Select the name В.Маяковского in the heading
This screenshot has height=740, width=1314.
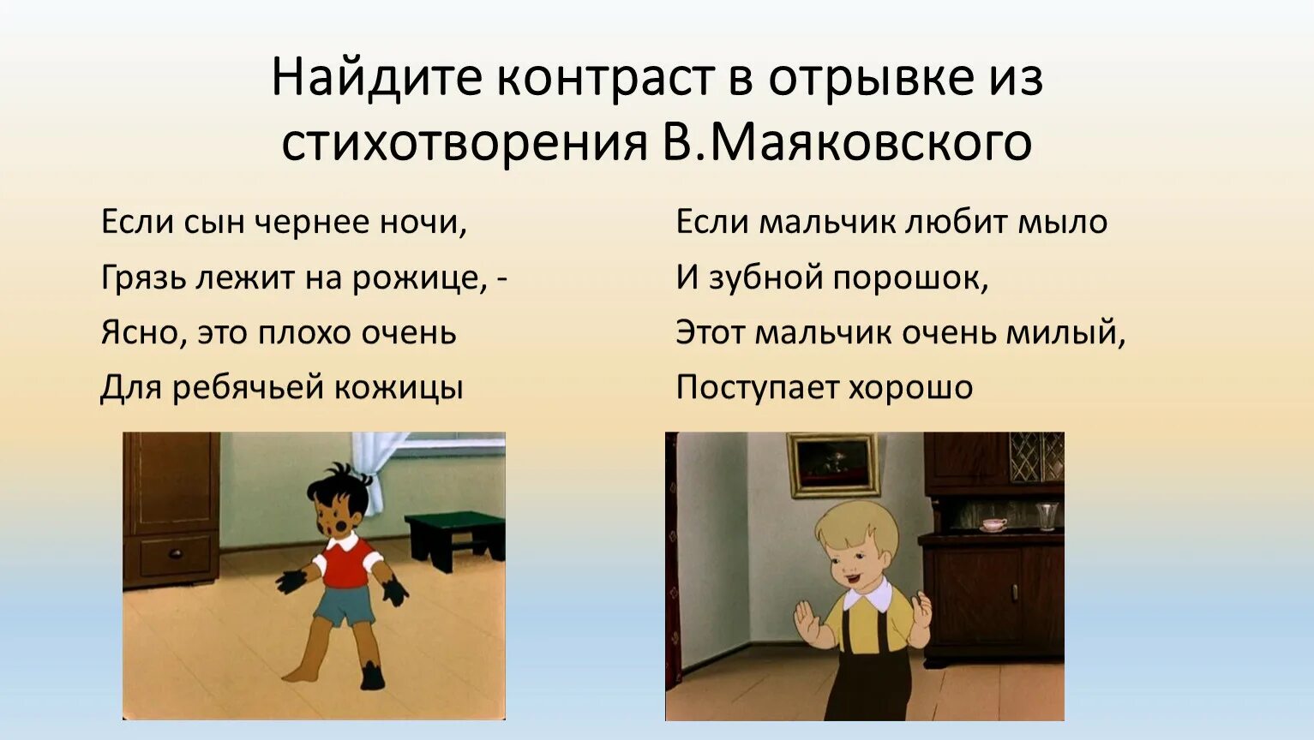coord(846,142)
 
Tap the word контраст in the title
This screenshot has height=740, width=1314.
coord(604,78)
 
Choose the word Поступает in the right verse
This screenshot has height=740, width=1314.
coord(756,387)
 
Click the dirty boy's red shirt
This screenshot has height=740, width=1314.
coord(346,565)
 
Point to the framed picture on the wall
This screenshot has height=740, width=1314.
coord(833,463)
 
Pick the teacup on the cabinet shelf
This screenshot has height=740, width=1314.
coord(994,524)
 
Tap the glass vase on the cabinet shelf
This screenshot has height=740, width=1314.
coord(1047,516)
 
